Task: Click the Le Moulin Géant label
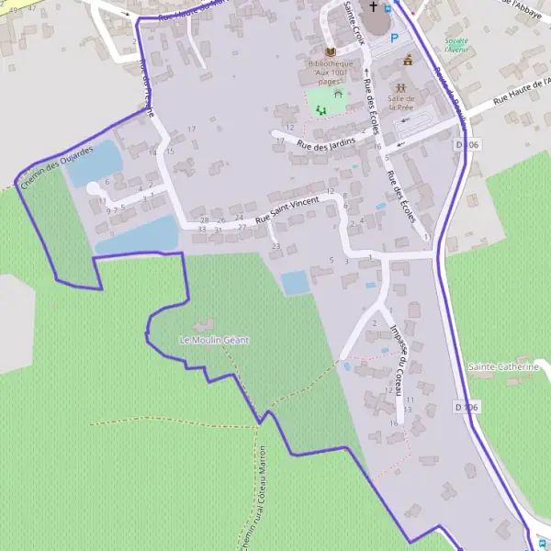(x=214, y=340)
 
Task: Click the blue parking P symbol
(x=395, y=38)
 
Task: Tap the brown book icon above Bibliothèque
(x=331, y=51)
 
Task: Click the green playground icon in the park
(x=320, y=109)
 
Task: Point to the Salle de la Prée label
(x=401, y=102)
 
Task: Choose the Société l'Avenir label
(x=456, y=45)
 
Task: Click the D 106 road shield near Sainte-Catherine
(x=467, y=406)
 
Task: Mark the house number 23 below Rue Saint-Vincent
(x=275, y=246)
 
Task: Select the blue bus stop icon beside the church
(x=388, y=9)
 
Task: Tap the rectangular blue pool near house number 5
(x=295, y=283)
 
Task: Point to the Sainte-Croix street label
(x=354, y=22)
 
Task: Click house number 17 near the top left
(x=192, y=128)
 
